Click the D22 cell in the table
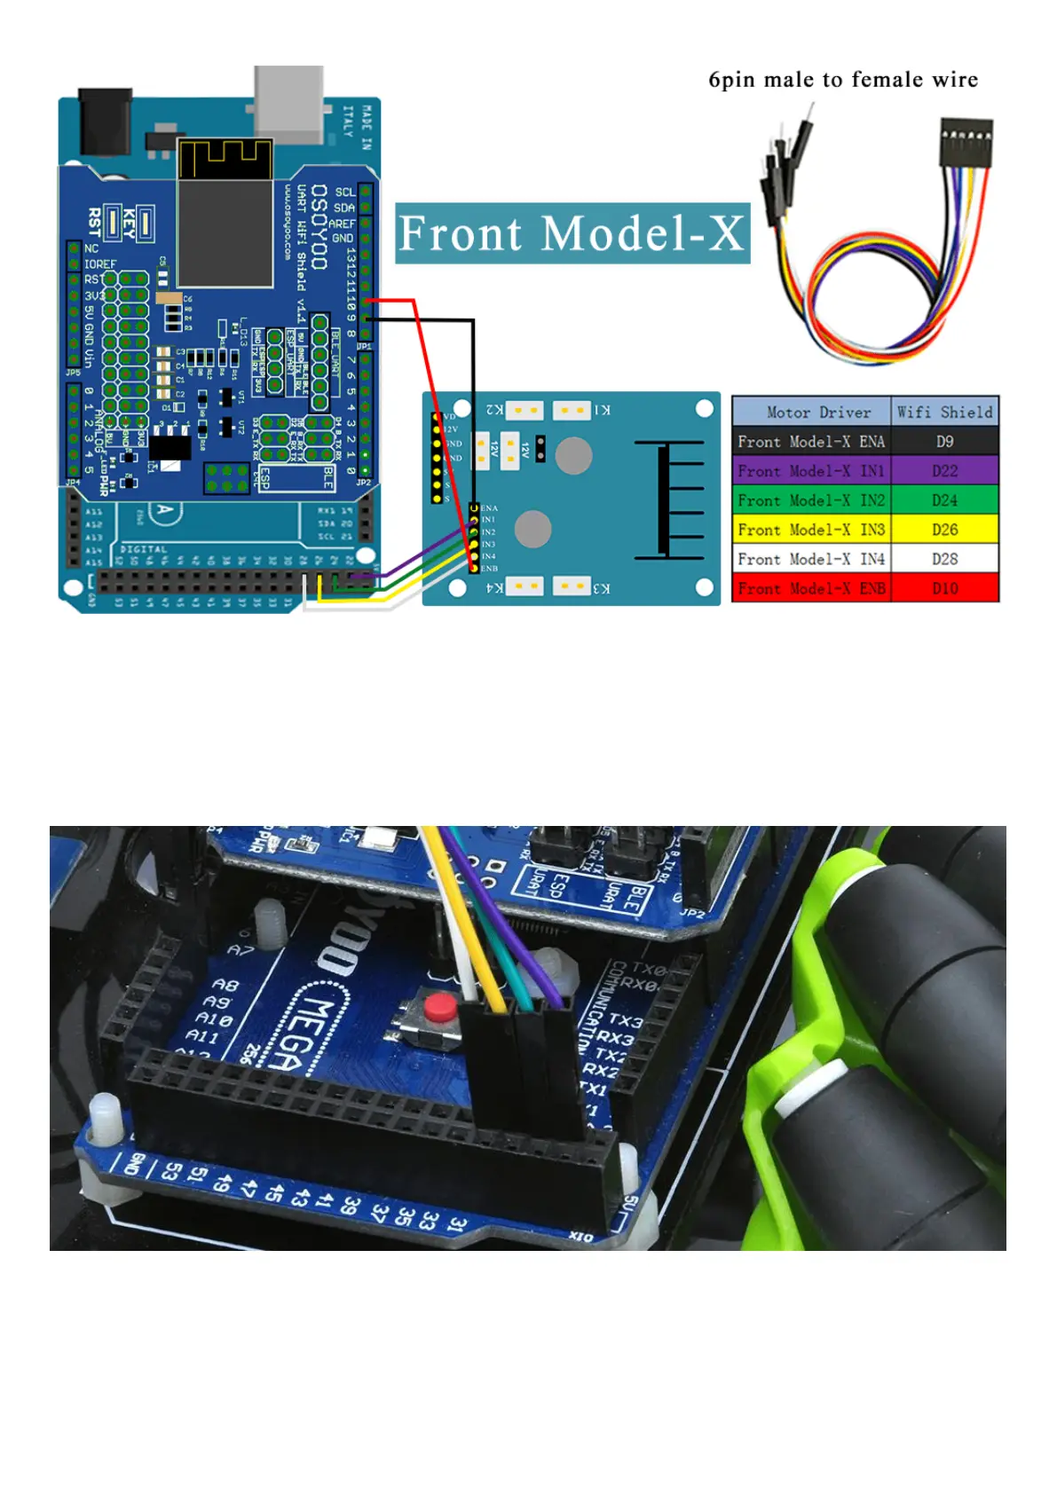pyautogui.click(x=944, y=471)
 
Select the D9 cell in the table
pyautogui.click(x=944, y=442)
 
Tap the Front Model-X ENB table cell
pyautogui.click(x=811, y=588)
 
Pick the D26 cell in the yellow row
pyautogui.click(x=944, y=530)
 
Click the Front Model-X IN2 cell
pyautogui.click(x=811, y=500)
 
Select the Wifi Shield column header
pyautogui.click(x=944, y=412)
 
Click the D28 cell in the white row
pyautogui.click(x=944, y=559)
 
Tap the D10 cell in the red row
pyautogui.click(x=944, y=588)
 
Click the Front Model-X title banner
pyautogui.click(x=572, y=233)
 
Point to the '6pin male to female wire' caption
pyautogui.click(x=842, y=80)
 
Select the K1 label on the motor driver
pyautogui.click(x=602, y=410)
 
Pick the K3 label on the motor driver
pyautogui.click(x=602, y=588)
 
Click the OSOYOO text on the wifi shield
pyautogui.click(x=319, y=227)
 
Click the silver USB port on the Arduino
pyautogui.click(x=288, y=102)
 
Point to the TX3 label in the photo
pyautogui.click(x=625, y=1021)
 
